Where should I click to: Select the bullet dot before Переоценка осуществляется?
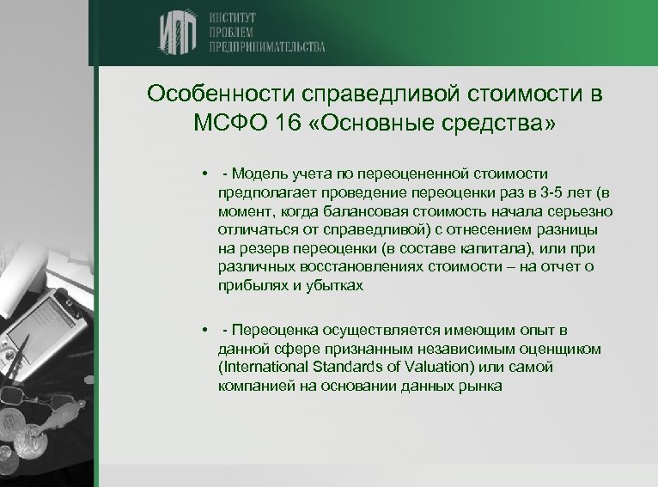205,331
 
